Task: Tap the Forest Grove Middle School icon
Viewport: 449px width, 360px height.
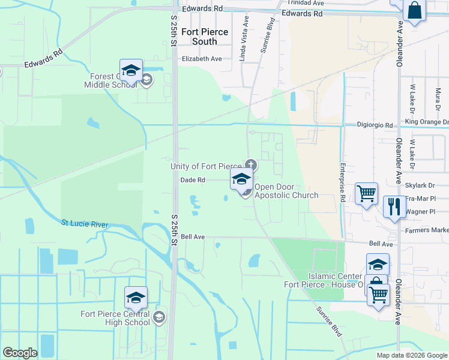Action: pyautogui.click(x=131, y=71)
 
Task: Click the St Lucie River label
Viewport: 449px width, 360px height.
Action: pyautogui.click(x=85, y=224)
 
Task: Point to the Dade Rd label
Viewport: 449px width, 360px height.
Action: pyautogui.click(x=193, y=179)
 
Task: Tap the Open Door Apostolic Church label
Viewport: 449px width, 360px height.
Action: pyautogui.click(x=286, y=191)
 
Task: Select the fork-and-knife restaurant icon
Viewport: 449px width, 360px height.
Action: pyautogui.click(x=394, y=207)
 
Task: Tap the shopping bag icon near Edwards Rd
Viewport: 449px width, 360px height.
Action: pyautogui.click(x=414, y=11)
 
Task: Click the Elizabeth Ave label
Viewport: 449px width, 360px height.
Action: pyautogui.click(x=202, y=59)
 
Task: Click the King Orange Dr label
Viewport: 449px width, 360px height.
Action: pyautogui.click(x=427, y=122)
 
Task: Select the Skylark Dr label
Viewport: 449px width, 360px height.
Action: pyautogui.click(x=420, y=186)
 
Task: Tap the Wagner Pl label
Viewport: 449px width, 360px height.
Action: pyautogui.click(x=420, y=212)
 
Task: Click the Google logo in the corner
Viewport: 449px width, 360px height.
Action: pyautogui.click(x=20, y=353)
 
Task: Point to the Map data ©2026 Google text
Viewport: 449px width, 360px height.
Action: pyautogui.click(x=412, y=355)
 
